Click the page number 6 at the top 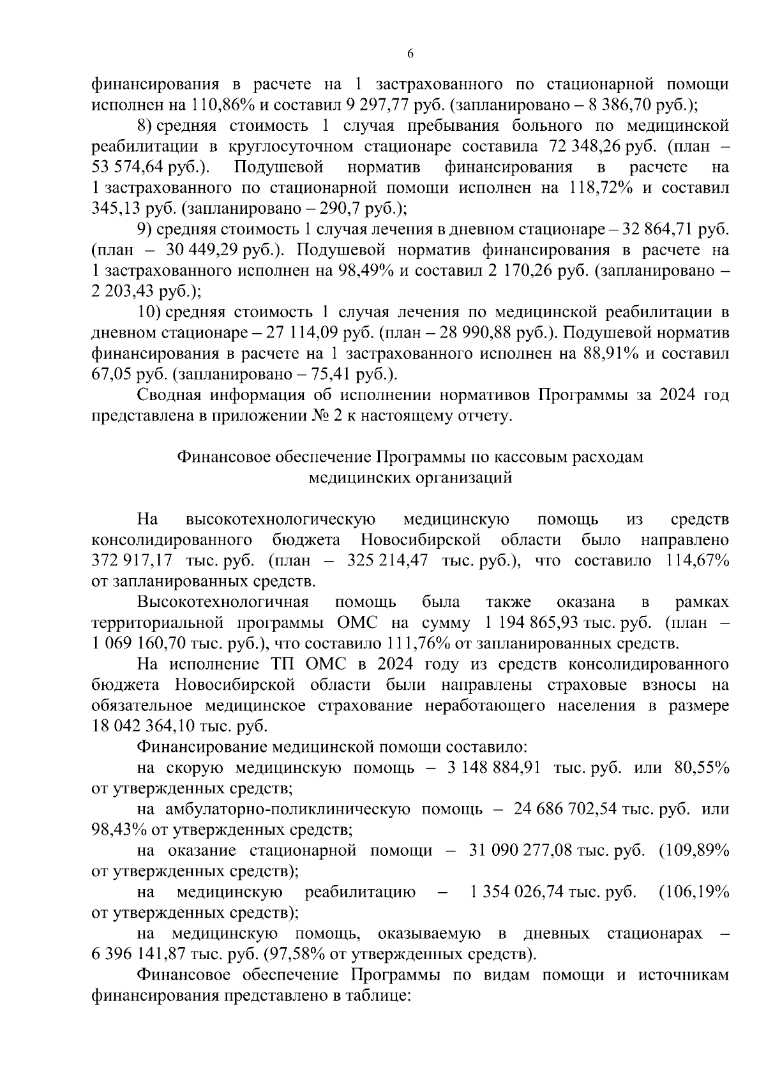[x=410, y=54]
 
